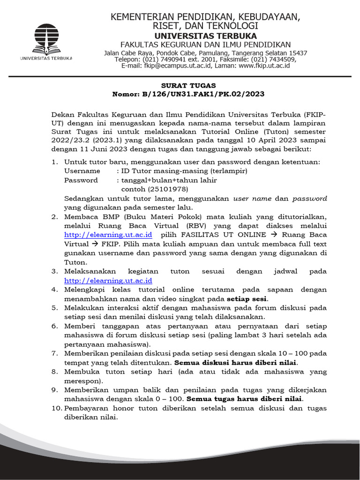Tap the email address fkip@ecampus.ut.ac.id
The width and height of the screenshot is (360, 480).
[172, 66]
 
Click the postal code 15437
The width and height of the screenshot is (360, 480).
[298, 53]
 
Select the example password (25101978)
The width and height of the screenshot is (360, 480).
[155, 189]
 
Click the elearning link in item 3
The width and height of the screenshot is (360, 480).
[108, 280]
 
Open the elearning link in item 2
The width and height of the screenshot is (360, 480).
[108, 234]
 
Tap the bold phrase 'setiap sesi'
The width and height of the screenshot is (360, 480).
[247, 299]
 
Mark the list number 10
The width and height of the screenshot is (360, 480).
[57, 408]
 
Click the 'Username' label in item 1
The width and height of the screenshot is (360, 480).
[82, 171]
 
